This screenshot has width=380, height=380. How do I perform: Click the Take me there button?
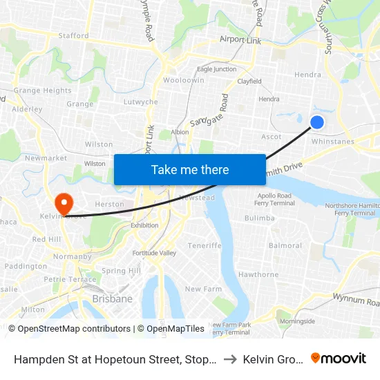click(x=190, y=169)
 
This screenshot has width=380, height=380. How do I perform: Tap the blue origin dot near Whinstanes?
click(x=317, y=122)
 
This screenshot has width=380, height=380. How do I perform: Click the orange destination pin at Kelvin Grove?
click(x=64, y=203)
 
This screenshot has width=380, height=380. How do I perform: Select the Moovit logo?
click(x=339, y=359)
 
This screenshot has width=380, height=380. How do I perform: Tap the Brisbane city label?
click(x=112, y=299)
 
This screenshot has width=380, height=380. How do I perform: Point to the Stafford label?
click(x=73, y=35)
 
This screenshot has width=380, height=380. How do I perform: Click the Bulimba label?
click(x=260, y=218)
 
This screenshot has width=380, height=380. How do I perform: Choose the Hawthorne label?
click(x=258, y=274)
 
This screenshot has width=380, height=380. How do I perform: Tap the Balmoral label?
click(x=285, y=245)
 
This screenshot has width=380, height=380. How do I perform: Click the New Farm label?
click(x=202, y=289)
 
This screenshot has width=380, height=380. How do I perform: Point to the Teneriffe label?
click(x=204, y=245)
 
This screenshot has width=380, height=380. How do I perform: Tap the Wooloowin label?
click(x=183, y=80)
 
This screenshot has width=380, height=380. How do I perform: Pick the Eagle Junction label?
click(x=216, y=69)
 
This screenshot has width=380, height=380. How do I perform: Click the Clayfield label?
click(x=249, y=81)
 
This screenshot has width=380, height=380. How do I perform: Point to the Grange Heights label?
click(x=43, y=91)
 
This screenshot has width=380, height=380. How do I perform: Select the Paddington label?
click(x=26, y=266)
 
